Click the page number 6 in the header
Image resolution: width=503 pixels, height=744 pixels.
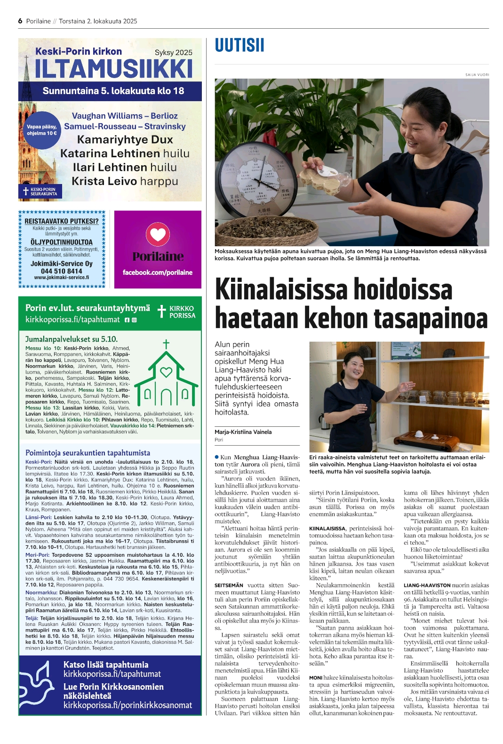tap(20, 21)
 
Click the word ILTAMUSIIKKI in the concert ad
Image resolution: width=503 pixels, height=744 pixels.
tap(113, 69)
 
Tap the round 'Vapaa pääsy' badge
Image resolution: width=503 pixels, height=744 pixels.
tap(41, 130)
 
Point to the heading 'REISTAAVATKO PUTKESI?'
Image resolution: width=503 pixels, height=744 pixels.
tap(62, 221)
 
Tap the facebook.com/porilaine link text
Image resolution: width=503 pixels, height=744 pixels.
tap(158, 272)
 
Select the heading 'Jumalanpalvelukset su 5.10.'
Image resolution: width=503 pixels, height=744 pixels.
tap(72, 339)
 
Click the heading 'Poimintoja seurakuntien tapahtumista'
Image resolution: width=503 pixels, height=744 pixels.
tap(88, 453)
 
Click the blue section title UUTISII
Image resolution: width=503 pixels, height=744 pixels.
tap(240, 46)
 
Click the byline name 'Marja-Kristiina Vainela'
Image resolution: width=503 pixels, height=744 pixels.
tap(243, 432)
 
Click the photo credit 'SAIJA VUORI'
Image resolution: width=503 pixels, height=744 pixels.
tap(477, 75)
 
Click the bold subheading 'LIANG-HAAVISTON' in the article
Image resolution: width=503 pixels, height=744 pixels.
tap(427, 585)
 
